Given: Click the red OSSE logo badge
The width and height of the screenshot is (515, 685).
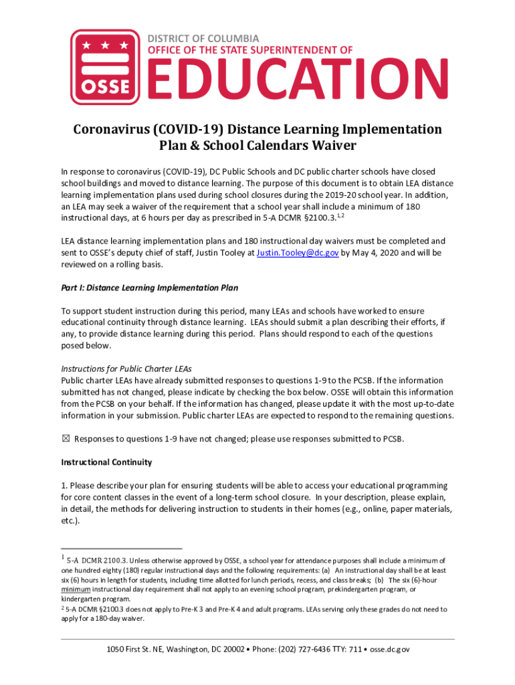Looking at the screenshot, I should [105, 67].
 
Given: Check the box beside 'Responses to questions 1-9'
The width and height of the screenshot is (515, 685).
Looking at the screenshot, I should [65, 439].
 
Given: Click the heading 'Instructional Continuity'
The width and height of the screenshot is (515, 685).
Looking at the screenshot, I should [106, 462].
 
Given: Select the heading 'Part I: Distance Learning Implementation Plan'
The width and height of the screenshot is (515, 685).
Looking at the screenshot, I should [150, 288].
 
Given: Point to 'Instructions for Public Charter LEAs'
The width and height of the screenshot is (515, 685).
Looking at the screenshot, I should [126, 369].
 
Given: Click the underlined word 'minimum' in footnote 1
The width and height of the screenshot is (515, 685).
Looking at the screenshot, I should [74, 590].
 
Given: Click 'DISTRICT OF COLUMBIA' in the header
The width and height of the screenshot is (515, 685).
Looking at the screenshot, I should [203, 39].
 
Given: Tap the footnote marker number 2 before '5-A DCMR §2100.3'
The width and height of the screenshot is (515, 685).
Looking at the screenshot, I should [63, 608].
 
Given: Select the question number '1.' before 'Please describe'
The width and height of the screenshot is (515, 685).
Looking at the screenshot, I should [64, 486].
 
